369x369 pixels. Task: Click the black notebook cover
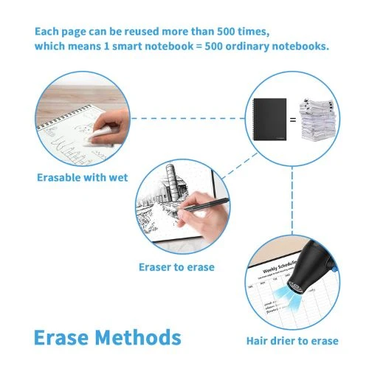click(270, 120)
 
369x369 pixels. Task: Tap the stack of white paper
click(317, 120)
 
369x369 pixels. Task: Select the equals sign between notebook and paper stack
click(293, 120)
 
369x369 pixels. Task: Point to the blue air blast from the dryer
click(286, 295)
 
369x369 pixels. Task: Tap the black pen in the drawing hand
click(204, 204)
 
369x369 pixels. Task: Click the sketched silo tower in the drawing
click(172, 182)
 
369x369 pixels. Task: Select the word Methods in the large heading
click(138, 337)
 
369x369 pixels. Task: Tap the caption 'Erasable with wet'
click(83, 177)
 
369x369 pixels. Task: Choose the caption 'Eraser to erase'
click(176, 267)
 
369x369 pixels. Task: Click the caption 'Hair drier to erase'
click(292, 341)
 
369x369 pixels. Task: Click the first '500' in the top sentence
click(226, 32)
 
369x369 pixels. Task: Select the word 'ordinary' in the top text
click(247, 46)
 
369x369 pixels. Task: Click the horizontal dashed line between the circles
click(188, 118)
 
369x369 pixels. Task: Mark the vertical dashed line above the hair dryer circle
click(292, 201)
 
